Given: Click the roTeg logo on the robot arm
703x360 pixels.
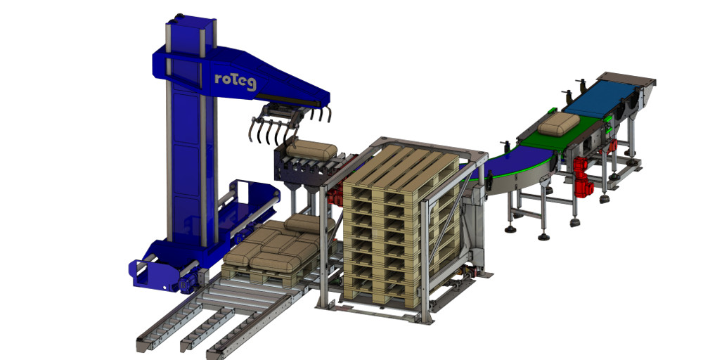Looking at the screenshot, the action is point(235,82).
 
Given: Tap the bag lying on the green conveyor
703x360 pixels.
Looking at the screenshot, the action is point(559,124).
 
